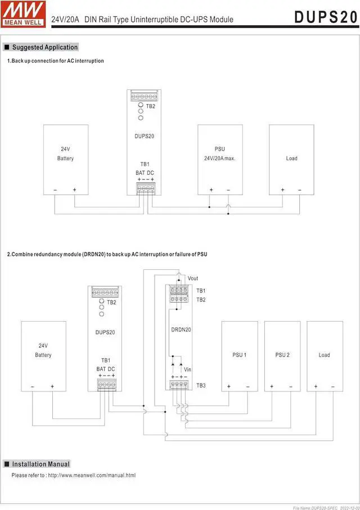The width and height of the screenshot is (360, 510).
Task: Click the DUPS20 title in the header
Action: [326, 17]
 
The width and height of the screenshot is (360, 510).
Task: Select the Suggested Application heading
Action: [45, 47]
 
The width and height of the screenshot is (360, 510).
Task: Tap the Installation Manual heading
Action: [41, 464]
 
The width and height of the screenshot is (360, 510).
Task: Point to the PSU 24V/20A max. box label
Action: [220, 154]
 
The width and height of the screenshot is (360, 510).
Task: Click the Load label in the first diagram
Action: [291, 159]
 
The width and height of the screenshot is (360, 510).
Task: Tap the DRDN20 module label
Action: [181, 330]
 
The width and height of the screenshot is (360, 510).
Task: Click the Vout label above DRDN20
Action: [193, 278]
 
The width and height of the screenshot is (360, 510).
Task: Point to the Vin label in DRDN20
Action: [188, 369]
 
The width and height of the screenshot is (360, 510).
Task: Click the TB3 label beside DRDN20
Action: [201, 386]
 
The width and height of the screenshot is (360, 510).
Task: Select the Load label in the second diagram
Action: [324, 355]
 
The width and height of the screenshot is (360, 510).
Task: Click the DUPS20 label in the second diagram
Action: [105, 332]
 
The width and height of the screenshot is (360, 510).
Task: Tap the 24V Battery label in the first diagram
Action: [65, 154]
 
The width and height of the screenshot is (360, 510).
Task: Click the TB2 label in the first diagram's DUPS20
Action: [151, 106]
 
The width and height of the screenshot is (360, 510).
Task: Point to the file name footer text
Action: [325, 507]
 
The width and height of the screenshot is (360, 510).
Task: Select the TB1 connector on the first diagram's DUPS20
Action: [145, 189]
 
